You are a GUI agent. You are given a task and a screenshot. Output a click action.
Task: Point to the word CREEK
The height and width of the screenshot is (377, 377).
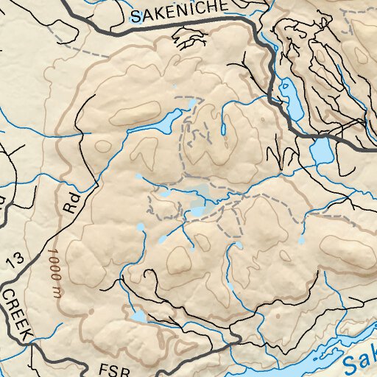(x=17, y=314)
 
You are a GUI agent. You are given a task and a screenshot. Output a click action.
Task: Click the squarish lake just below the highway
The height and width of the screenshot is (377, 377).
(x=320, y=152)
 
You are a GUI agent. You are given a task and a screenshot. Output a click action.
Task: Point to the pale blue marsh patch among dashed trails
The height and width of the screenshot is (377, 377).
(x=197, y=206)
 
